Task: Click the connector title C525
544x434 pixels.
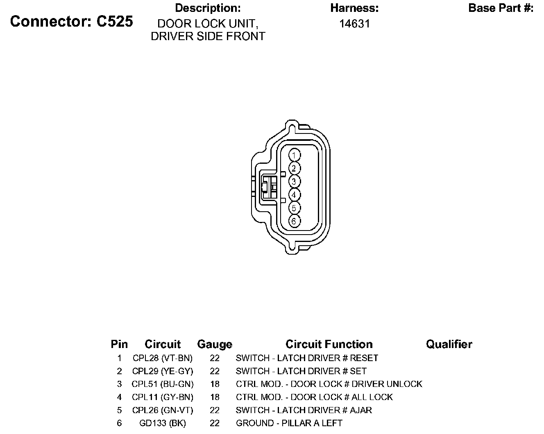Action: tap(72, 22)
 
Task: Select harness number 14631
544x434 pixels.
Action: tap(354, 24)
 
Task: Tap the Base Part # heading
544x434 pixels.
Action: tap(501, 8)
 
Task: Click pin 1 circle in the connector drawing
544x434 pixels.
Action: tap(294, 155)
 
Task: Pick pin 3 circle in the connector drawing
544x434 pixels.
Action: tap(294, 181)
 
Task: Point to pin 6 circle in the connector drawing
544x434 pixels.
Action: tap(294, 221)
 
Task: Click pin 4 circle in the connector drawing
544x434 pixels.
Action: tap(294, 194)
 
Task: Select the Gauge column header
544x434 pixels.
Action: tap(214, 344)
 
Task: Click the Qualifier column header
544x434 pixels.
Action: tap(449, 344)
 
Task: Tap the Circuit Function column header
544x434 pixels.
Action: tap(329, 344)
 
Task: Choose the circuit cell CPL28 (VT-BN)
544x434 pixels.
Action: tap(163, 358)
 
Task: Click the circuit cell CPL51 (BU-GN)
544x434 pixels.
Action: tap(163, 384)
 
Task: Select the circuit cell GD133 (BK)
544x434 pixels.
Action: tap(163, 423)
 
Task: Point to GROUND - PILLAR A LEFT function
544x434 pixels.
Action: tap(289, 423)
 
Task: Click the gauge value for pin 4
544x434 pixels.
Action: tap(215, 397)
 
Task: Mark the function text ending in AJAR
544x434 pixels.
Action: tap(304, 410)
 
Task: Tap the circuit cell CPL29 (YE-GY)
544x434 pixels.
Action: tap(163, 371)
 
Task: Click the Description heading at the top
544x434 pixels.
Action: tap(208, 8)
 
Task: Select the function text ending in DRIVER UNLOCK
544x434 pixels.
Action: tap(329, 384)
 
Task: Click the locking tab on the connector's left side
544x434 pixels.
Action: tap(265, 188)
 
